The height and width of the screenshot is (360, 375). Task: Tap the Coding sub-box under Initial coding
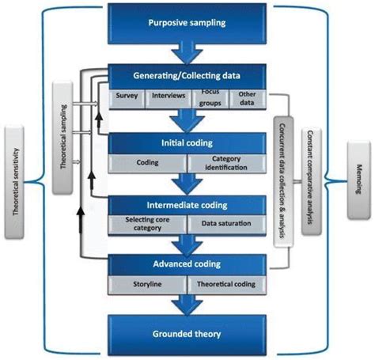pos(147,164)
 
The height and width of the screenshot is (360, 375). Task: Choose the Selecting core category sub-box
pos(147,224)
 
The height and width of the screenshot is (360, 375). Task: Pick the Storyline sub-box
pos(147,283)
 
